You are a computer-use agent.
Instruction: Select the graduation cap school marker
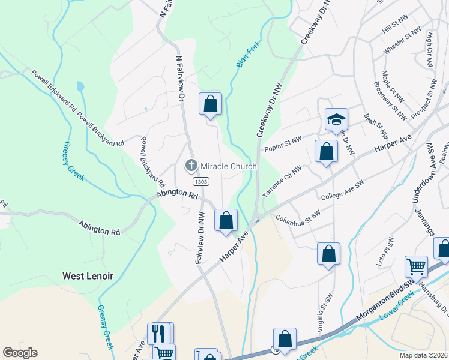pyautogui.click(x=336, y=121)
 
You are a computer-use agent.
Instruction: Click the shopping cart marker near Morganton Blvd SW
pyautogui.click(x=417, y=266)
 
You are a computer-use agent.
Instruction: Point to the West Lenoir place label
pyautogui.click(x=88, y=276)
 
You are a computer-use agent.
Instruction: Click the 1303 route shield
pyautogui.click(x=200, y=181)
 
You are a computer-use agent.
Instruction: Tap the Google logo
pyautogui.click(x=20, y=353)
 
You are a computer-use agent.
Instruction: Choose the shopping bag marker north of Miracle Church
pyautogui.click(x=210, y=104)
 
